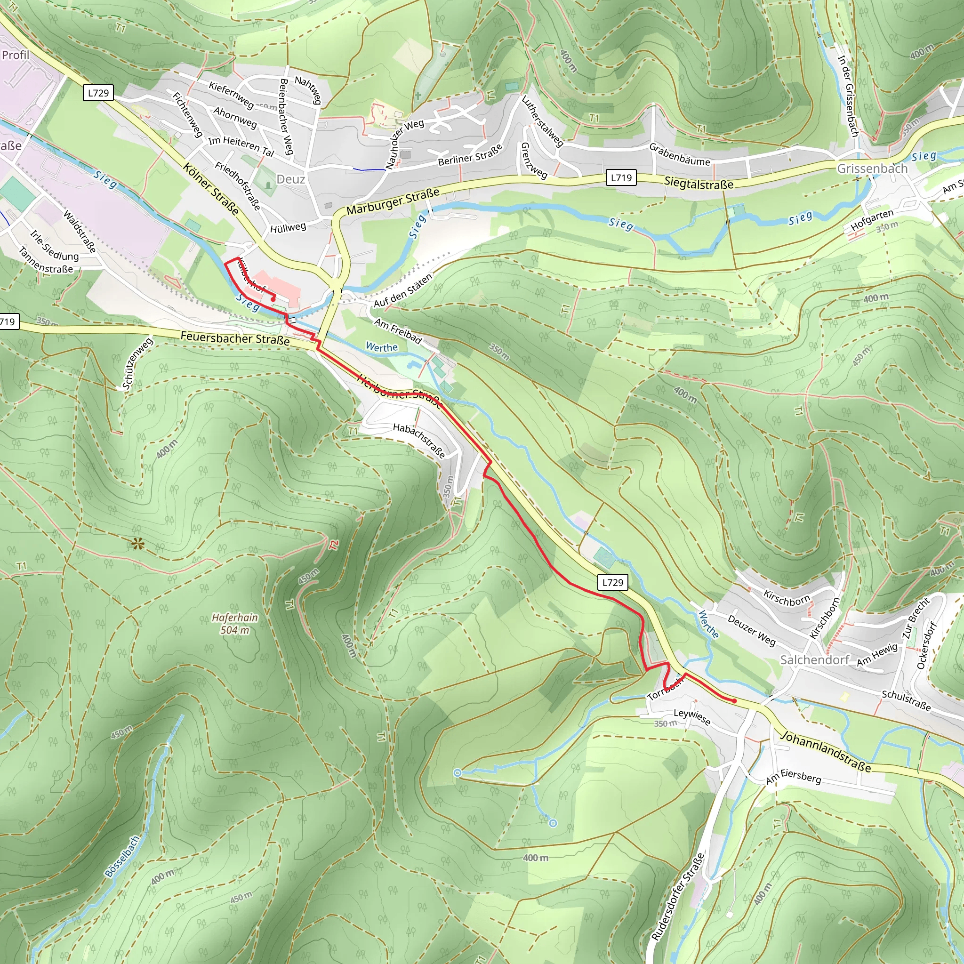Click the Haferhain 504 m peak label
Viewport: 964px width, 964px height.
[234, 624]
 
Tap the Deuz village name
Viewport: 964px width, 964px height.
[290, 179]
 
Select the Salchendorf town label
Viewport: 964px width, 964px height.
[814, 659]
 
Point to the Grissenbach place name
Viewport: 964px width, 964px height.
[872, 169]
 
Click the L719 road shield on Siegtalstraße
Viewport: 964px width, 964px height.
[621, 177]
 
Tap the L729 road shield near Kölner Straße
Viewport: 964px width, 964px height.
[98, 93]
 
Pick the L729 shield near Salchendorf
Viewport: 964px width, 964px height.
[612, 582]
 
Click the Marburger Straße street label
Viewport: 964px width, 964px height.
[393, 201]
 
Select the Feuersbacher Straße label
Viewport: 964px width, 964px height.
[235, 338]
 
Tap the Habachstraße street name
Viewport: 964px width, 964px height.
[419, 441]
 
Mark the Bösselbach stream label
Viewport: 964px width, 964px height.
[122, 856]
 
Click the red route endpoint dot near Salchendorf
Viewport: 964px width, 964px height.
[734, 701]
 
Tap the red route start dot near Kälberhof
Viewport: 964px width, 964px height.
[273, 299]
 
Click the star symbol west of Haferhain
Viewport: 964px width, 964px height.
[138, 543]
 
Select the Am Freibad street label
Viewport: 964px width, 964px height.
[398, 331]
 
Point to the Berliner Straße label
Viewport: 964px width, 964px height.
[470, 155]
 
